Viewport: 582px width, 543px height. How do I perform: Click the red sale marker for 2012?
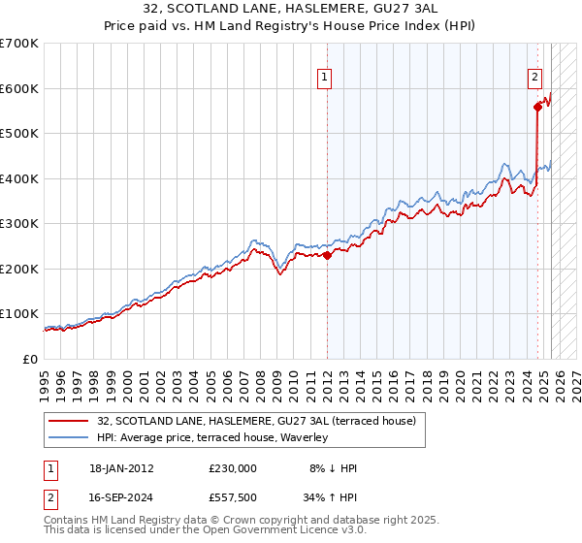click(327, 256)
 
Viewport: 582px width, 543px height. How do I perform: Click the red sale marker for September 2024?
click(536, 108)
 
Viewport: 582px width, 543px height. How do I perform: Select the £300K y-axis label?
click(19, 224)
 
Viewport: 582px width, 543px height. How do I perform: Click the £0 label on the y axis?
click(31, 359)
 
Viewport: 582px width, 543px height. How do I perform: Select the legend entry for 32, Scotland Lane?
click(256, 421)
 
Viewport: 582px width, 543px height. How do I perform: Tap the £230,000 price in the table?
click(233, 468)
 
